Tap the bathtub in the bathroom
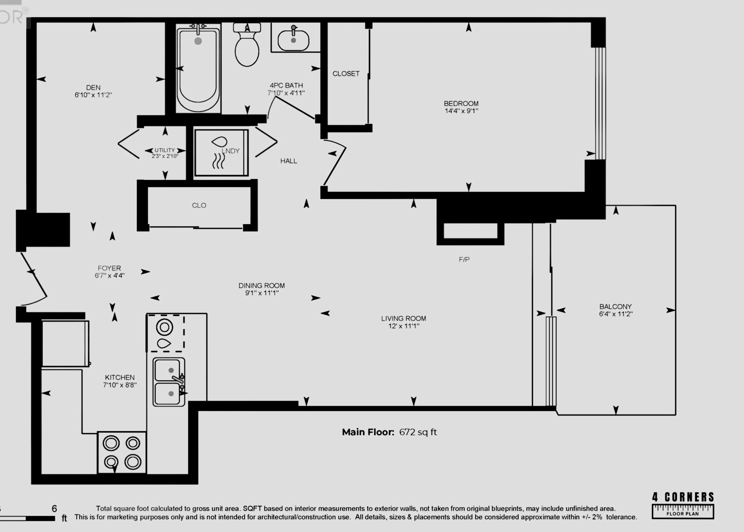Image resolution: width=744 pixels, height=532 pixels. pos(198,68)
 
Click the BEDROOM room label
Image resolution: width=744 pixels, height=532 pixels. pos(461,104)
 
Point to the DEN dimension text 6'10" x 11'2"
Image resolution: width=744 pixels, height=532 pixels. pos(93,95)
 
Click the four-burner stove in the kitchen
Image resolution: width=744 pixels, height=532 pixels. pos(122,452)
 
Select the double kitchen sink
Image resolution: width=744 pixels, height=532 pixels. pos(169,382)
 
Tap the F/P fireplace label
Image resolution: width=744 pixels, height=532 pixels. pos(464,260)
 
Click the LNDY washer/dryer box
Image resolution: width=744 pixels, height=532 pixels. pos(221,153)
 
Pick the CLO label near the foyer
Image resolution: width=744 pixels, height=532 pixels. pos(199,205)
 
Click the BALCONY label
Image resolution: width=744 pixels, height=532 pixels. pos(615,307)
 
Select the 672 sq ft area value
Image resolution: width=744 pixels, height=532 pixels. pos(418,432)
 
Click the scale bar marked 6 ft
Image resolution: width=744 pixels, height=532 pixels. pos(29,518)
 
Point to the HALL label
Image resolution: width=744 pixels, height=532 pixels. pos(289,161)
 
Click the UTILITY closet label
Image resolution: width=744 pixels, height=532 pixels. pos(164,150)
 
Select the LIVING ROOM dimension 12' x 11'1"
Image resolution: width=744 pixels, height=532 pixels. pos(404,326)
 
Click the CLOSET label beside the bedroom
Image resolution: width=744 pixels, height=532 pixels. pos(346,74)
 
